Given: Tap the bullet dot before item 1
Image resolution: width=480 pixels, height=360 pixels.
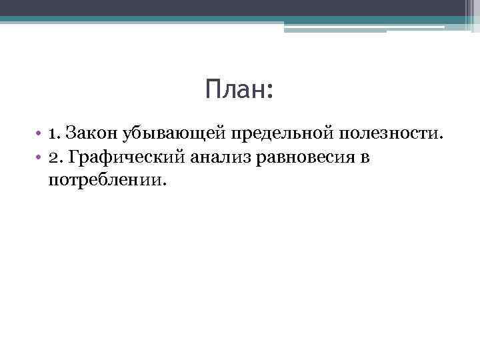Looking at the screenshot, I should pos(40,134).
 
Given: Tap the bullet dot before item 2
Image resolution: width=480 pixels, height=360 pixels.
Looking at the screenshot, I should pos(40,158).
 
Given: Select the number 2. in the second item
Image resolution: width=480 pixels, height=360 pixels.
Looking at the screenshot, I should pos(55,157).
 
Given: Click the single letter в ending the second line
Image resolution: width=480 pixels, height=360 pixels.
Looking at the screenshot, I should pos(365,159).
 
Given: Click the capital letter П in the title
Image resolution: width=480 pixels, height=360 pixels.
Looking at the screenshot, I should pos(213,89).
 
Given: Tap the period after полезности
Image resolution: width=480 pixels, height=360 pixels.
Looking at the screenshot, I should pos(440,139).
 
